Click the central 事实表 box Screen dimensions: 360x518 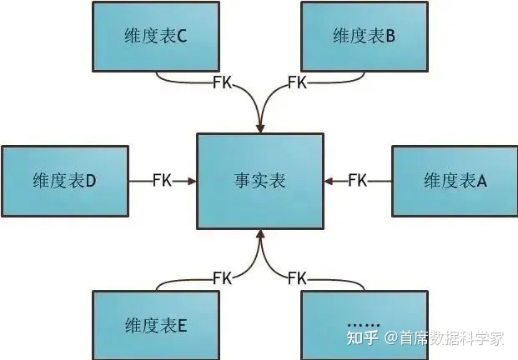[x=259, y=180]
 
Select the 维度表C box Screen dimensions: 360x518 [x=156, y=36]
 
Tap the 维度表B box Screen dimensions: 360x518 [x=364, y=36]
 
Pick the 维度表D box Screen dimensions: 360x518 [x=65, y=181]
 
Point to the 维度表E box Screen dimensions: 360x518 [x=156, y=325]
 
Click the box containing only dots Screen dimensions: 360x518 [x=364, y=325]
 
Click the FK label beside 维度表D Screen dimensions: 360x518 [x=162, y=181]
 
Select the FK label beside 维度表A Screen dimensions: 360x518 [x=357, y=180]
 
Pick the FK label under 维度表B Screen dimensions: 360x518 [x=297, y=82]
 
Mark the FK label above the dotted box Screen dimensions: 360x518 [x=297, y=277]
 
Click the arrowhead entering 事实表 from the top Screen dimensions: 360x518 [x=259, y=127]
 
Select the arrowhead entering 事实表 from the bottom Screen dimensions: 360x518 [x=259, y=234]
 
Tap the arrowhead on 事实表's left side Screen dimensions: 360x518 [x=192, y=181]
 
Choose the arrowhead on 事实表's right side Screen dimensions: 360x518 [x=328, y=180]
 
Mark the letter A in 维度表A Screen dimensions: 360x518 [x=481, y=181]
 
